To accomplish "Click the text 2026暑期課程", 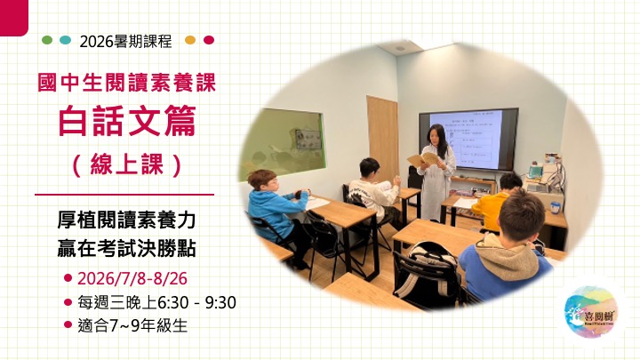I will pos(125,41).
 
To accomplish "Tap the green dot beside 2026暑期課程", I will pos(47,40).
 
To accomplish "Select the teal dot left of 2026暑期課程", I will pos(65,40).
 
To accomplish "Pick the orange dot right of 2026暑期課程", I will pos(189,40).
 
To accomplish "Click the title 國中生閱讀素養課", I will pos(124,85).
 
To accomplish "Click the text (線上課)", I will pos(124,164).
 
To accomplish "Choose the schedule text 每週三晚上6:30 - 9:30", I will pos(156,302).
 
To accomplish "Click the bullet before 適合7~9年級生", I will pos(68,326).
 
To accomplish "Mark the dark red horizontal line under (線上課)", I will pos(124,194).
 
